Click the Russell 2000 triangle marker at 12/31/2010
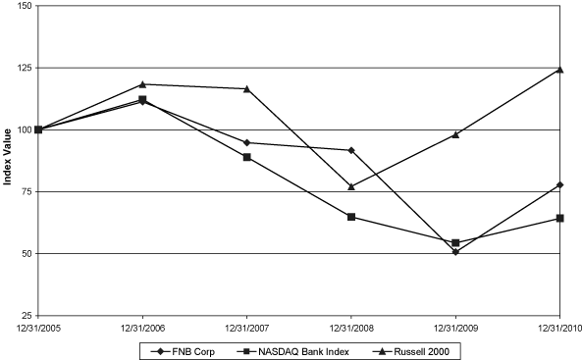pos(559,70)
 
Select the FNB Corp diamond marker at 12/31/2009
pos(455,252)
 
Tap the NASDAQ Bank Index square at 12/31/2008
pos(351,217)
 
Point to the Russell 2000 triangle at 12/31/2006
pos(142,84)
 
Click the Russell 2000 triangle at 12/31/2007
pos(246,89)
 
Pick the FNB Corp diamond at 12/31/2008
pos(351,150)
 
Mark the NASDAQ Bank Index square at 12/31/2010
pos(559,218)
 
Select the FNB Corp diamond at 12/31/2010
pos(559,184)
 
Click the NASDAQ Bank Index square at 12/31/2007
pos(246,157)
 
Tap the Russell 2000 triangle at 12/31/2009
pos(455,134)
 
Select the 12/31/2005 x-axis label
pos(38,327)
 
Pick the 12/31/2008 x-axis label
pos(351,327)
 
